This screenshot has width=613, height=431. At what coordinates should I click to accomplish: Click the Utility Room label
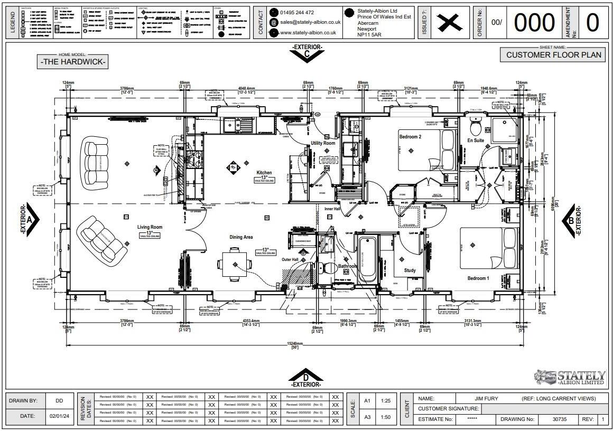tap(323, 143)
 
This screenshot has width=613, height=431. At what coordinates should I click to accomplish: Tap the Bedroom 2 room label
tap(410, 137)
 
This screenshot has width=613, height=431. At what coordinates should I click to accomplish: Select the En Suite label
tap(476, 140)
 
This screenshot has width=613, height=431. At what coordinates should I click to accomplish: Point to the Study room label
tap(410, 270)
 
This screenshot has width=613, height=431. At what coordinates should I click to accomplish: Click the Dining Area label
tap(241, 237)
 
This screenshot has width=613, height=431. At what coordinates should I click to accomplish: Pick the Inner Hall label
tap(332, 209)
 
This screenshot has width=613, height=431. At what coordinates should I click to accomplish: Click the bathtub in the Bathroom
tap(368, 260)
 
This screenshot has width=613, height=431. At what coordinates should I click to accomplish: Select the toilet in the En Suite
tap(476, 127)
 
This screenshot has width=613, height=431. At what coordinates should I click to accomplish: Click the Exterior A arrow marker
tap(30, 219)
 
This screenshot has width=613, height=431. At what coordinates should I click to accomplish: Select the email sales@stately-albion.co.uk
tap(310, 22)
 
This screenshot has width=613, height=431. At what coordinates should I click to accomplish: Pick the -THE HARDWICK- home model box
tap(73, 62)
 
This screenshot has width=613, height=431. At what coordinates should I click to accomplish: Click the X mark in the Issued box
tap(448, 23)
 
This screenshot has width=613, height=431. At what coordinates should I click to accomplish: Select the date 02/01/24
tap(59, 416)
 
